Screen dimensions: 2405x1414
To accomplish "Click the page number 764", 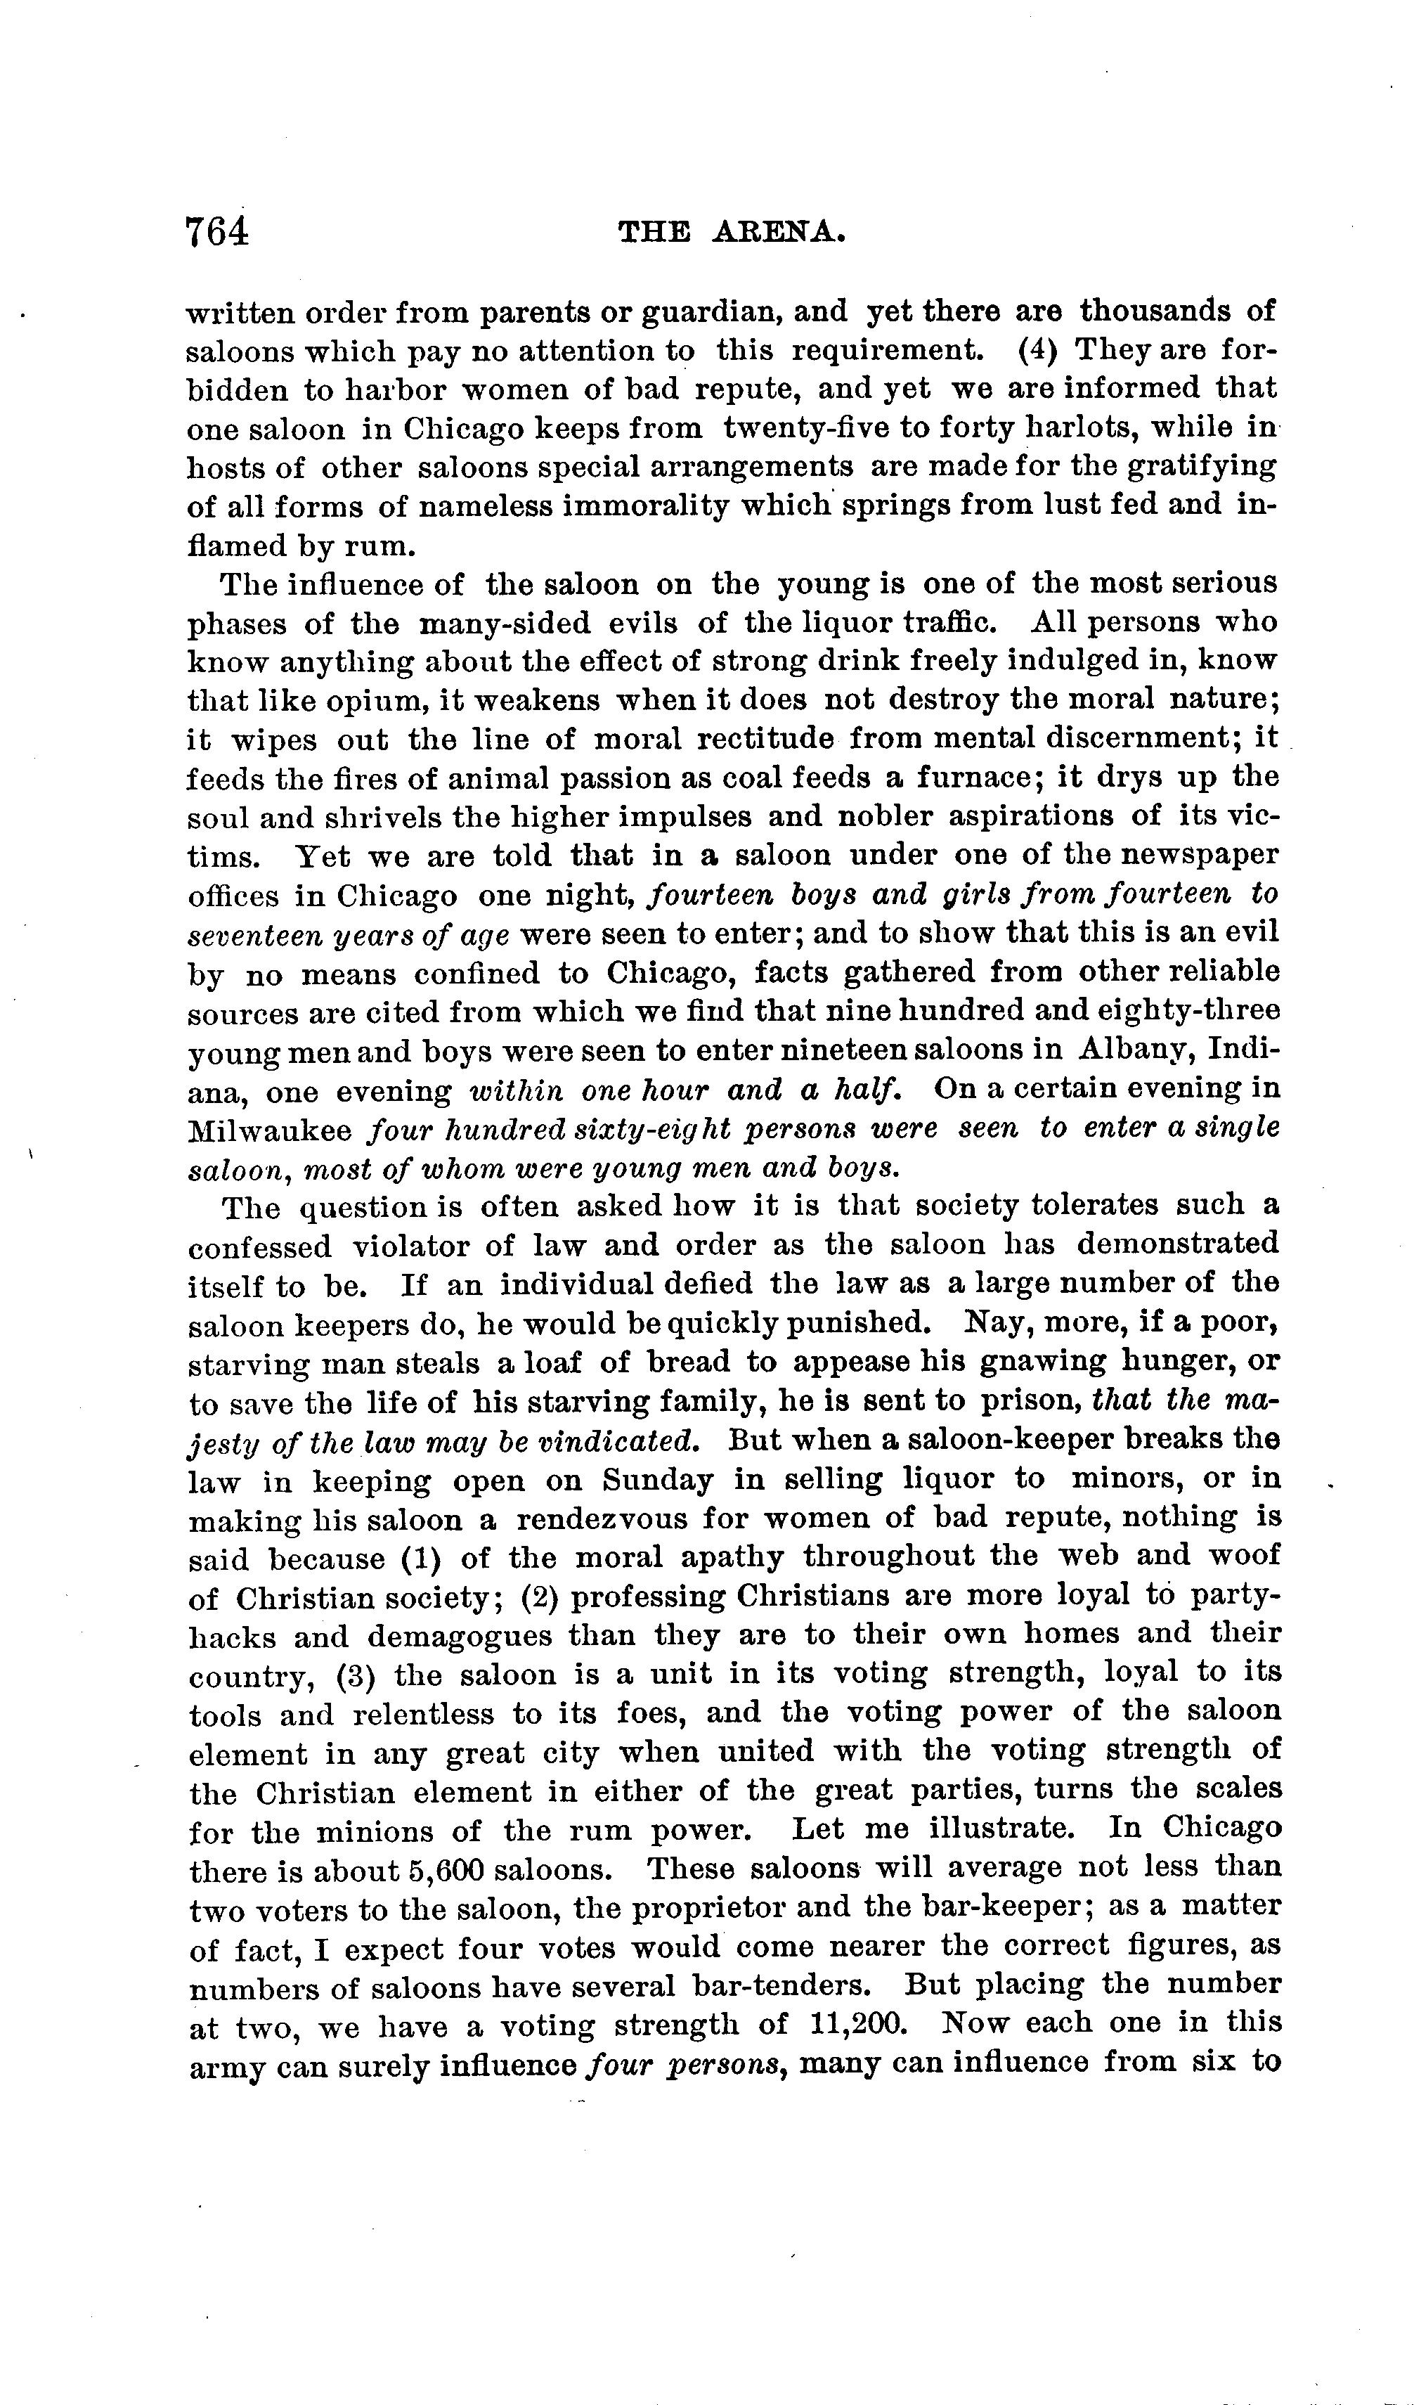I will [x=218, y=232].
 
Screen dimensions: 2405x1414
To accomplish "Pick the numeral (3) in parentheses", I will [x=356, y=1677].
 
